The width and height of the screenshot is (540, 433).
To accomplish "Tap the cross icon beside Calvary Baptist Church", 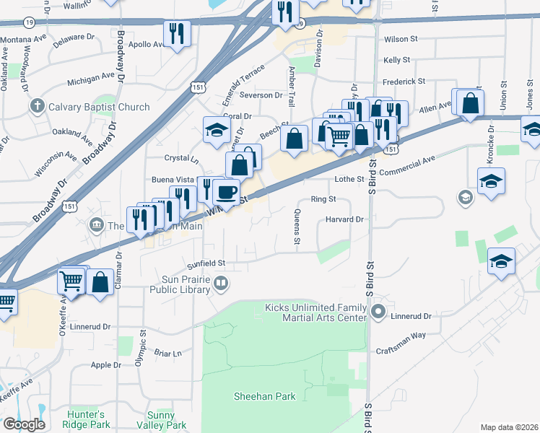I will pos(38,107).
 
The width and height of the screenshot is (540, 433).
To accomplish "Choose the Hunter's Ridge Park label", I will pos(86,419).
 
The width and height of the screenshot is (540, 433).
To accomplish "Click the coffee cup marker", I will pos(226,193).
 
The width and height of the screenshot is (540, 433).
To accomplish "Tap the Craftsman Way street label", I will pos(401,336).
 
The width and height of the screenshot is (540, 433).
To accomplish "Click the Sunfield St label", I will pos(206,263).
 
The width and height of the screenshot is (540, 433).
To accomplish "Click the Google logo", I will pos(25,424).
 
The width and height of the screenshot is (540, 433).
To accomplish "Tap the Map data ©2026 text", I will pos(509,427).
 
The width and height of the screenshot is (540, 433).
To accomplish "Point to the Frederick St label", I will pos(404,82).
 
